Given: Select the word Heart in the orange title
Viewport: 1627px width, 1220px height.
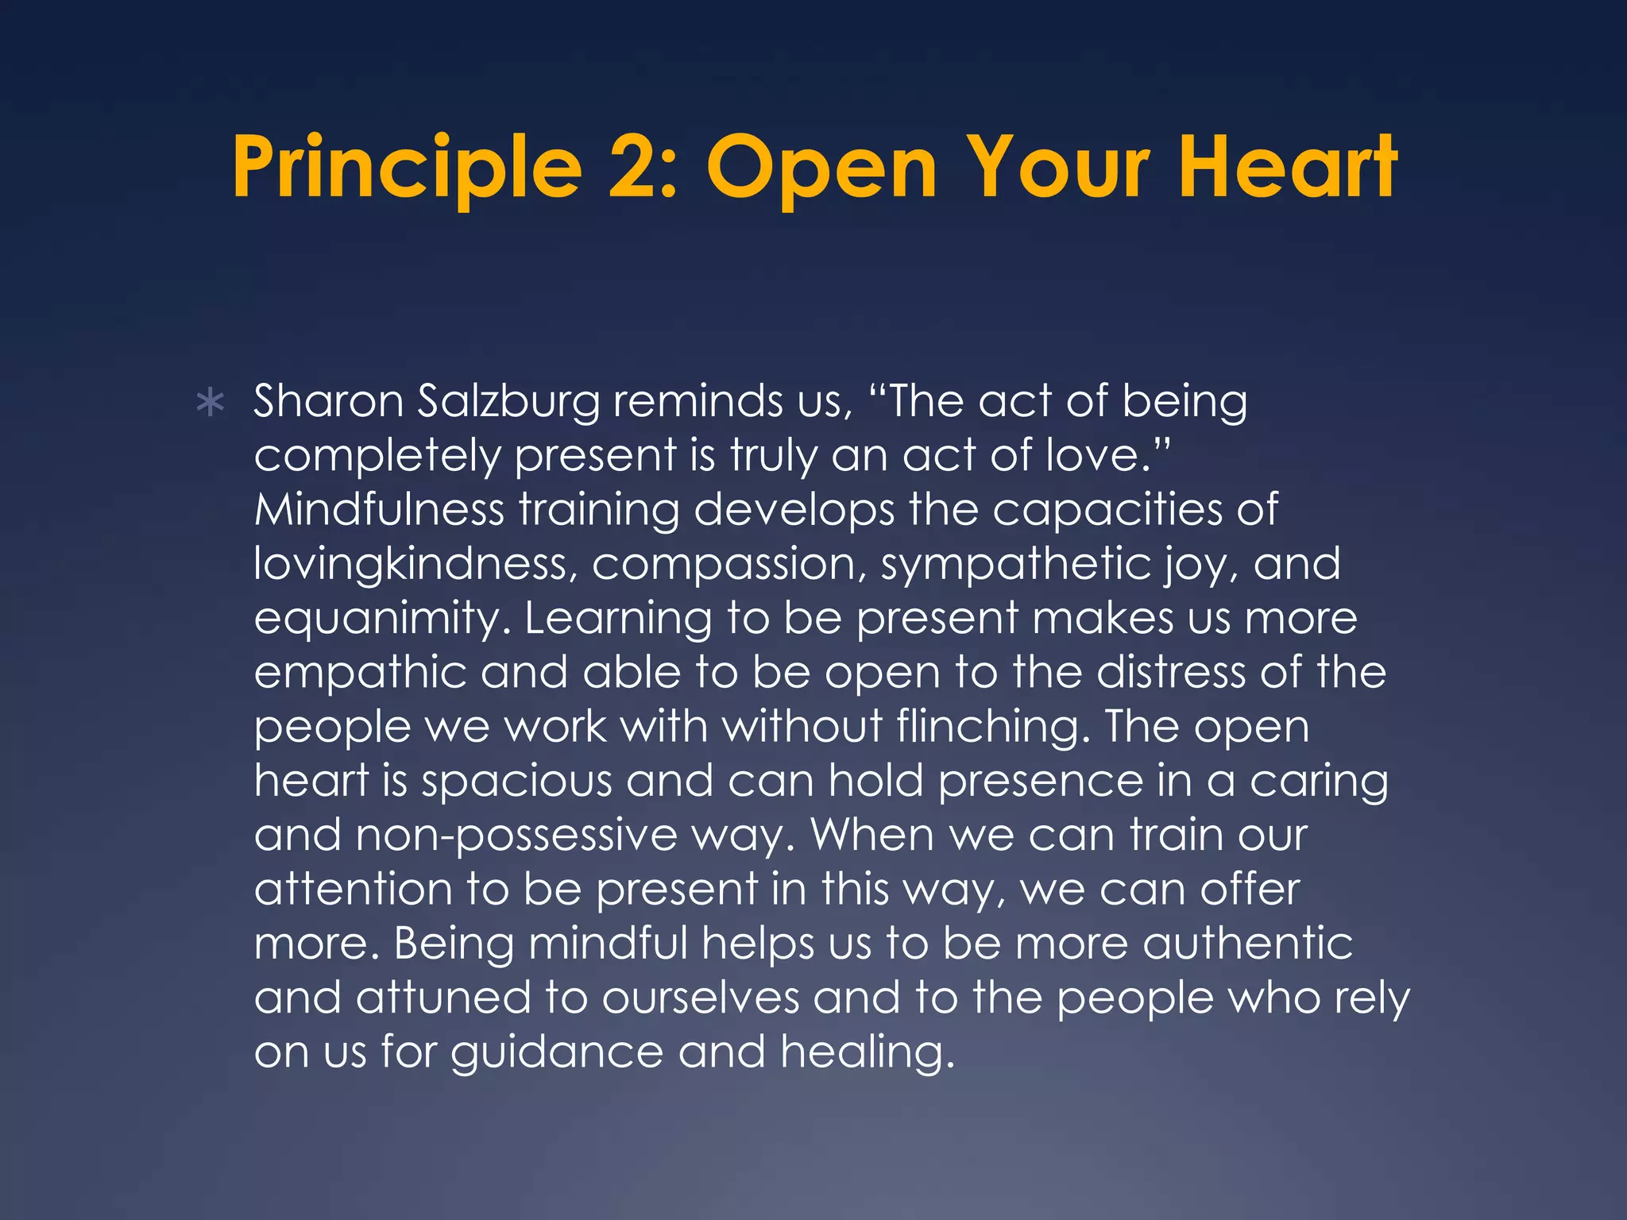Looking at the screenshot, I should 1287,168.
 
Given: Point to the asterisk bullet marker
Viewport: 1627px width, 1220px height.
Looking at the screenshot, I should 210,403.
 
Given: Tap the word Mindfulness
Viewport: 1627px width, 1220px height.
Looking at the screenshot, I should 379,509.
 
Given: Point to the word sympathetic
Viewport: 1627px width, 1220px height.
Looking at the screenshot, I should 1015,565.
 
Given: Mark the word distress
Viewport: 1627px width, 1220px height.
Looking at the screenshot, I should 1171,672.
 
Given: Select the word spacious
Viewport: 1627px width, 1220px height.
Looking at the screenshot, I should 516,782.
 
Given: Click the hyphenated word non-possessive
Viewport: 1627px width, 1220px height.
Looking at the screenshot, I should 516,836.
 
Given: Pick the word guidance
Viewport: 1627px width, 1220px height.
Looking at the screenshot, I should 557,1053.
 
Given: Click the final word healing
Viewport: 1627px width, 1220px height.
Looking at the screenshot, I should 868,1053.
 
